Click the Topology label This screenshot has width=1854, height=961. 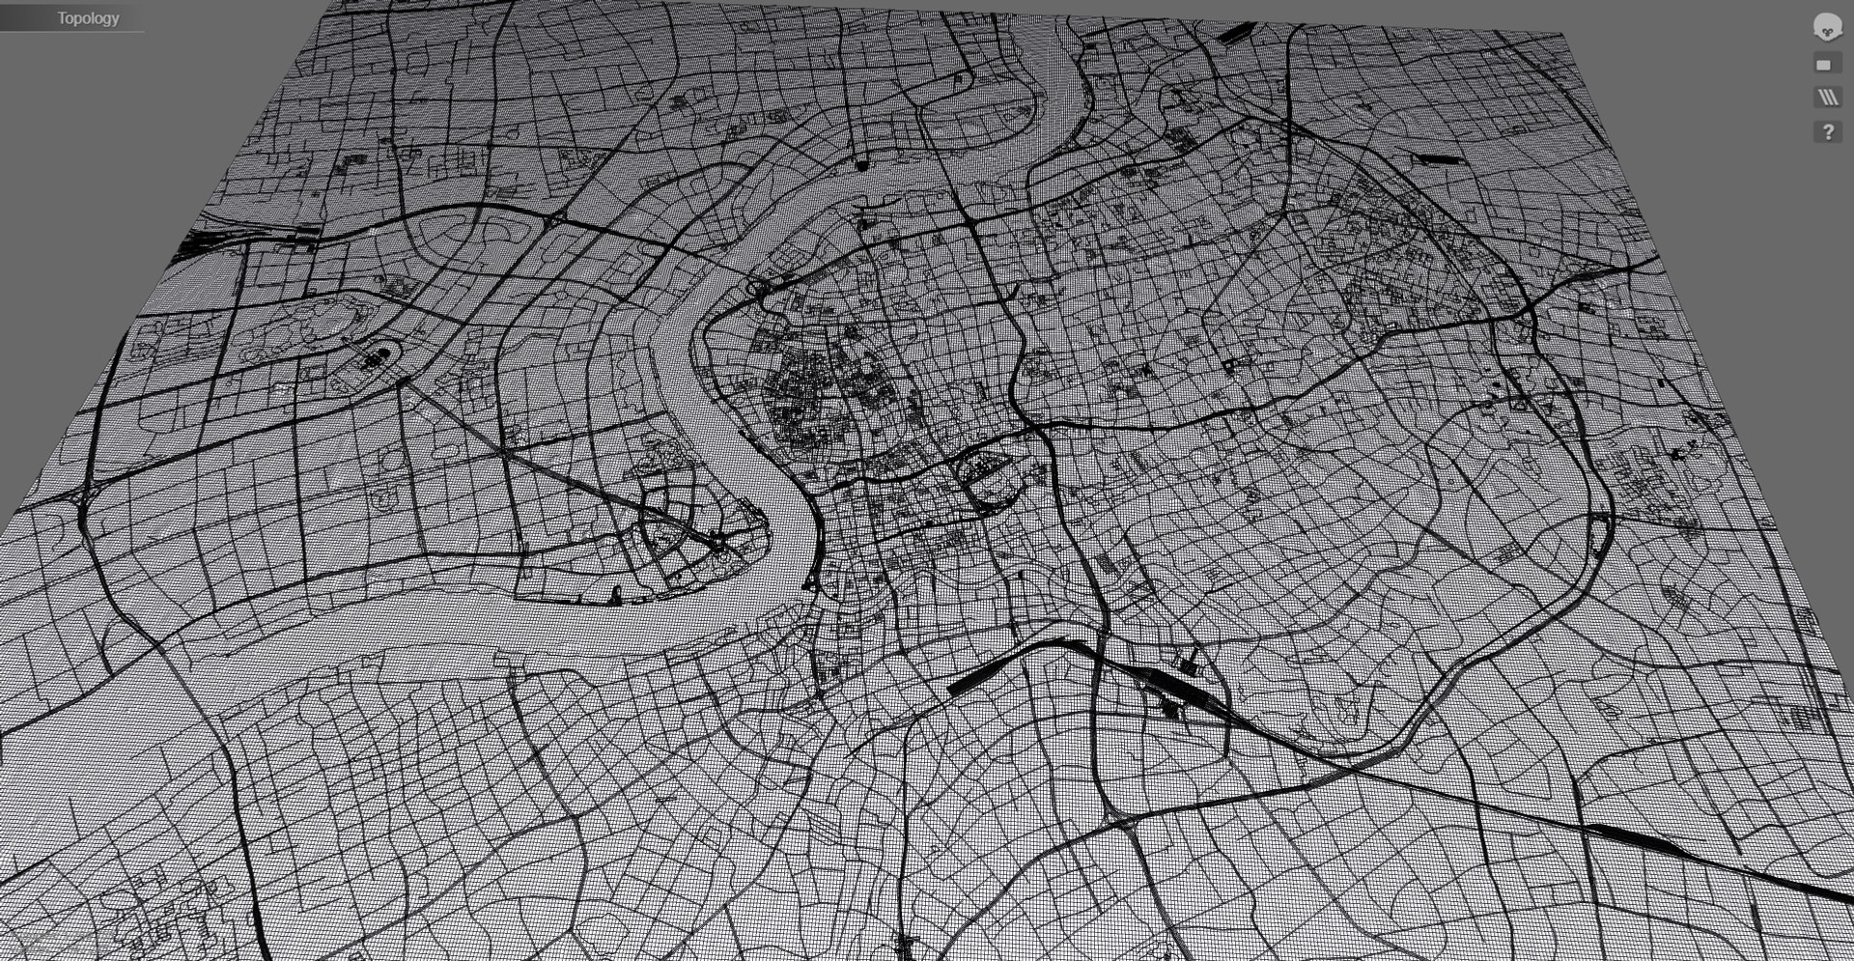tap(87, 18)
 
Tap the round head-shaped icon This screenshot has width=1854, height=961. tap(1826, 27)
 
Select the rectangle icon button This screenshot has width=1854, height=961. tap(1824, 65)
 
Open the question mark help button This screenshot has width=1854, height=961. tap(1827, 131)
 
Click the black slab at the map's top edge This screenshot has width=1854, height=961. tap(1229, 35)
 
